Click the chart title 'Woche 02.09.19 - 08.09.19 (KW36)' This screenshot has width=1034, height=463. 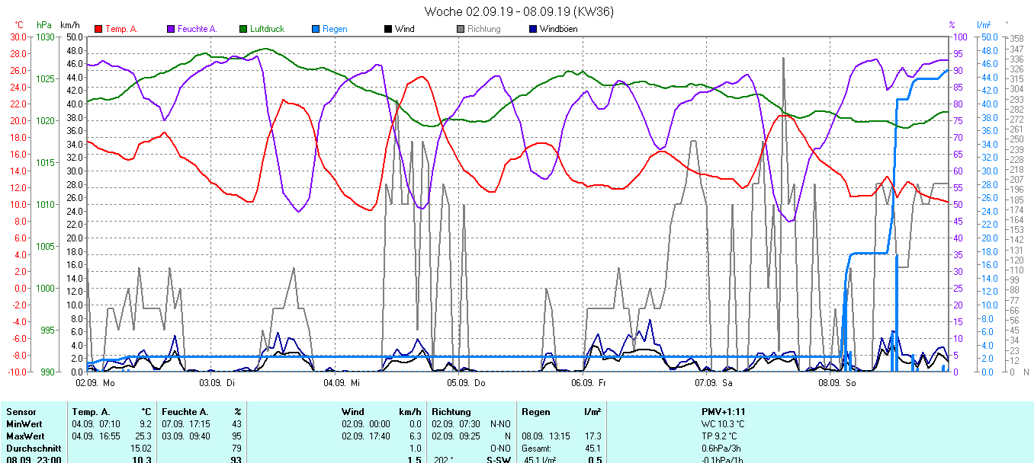tap(519, 11)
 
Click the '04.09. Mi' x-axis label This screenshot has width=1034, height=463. tap(341, 382)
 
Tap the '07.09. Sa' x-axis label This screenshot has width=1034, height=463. tap(714, 382)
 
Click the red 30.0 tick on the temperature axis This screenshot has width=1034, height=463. tap(17, 37)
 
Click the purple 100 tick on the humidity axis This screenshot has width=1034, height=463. tap(961, 37)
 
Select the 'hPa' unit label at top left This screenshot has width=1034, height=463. tap(44, 24)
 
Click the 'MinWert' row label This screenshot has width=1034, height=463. tap(24, 423)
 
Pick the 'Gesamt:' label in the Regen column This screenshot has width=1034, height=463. tap(537, 449)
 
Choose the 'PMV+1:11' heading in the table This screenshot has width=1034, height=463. tap(724, 411)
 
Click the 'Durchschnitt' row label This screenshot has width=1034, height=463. tap(33, 449)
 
